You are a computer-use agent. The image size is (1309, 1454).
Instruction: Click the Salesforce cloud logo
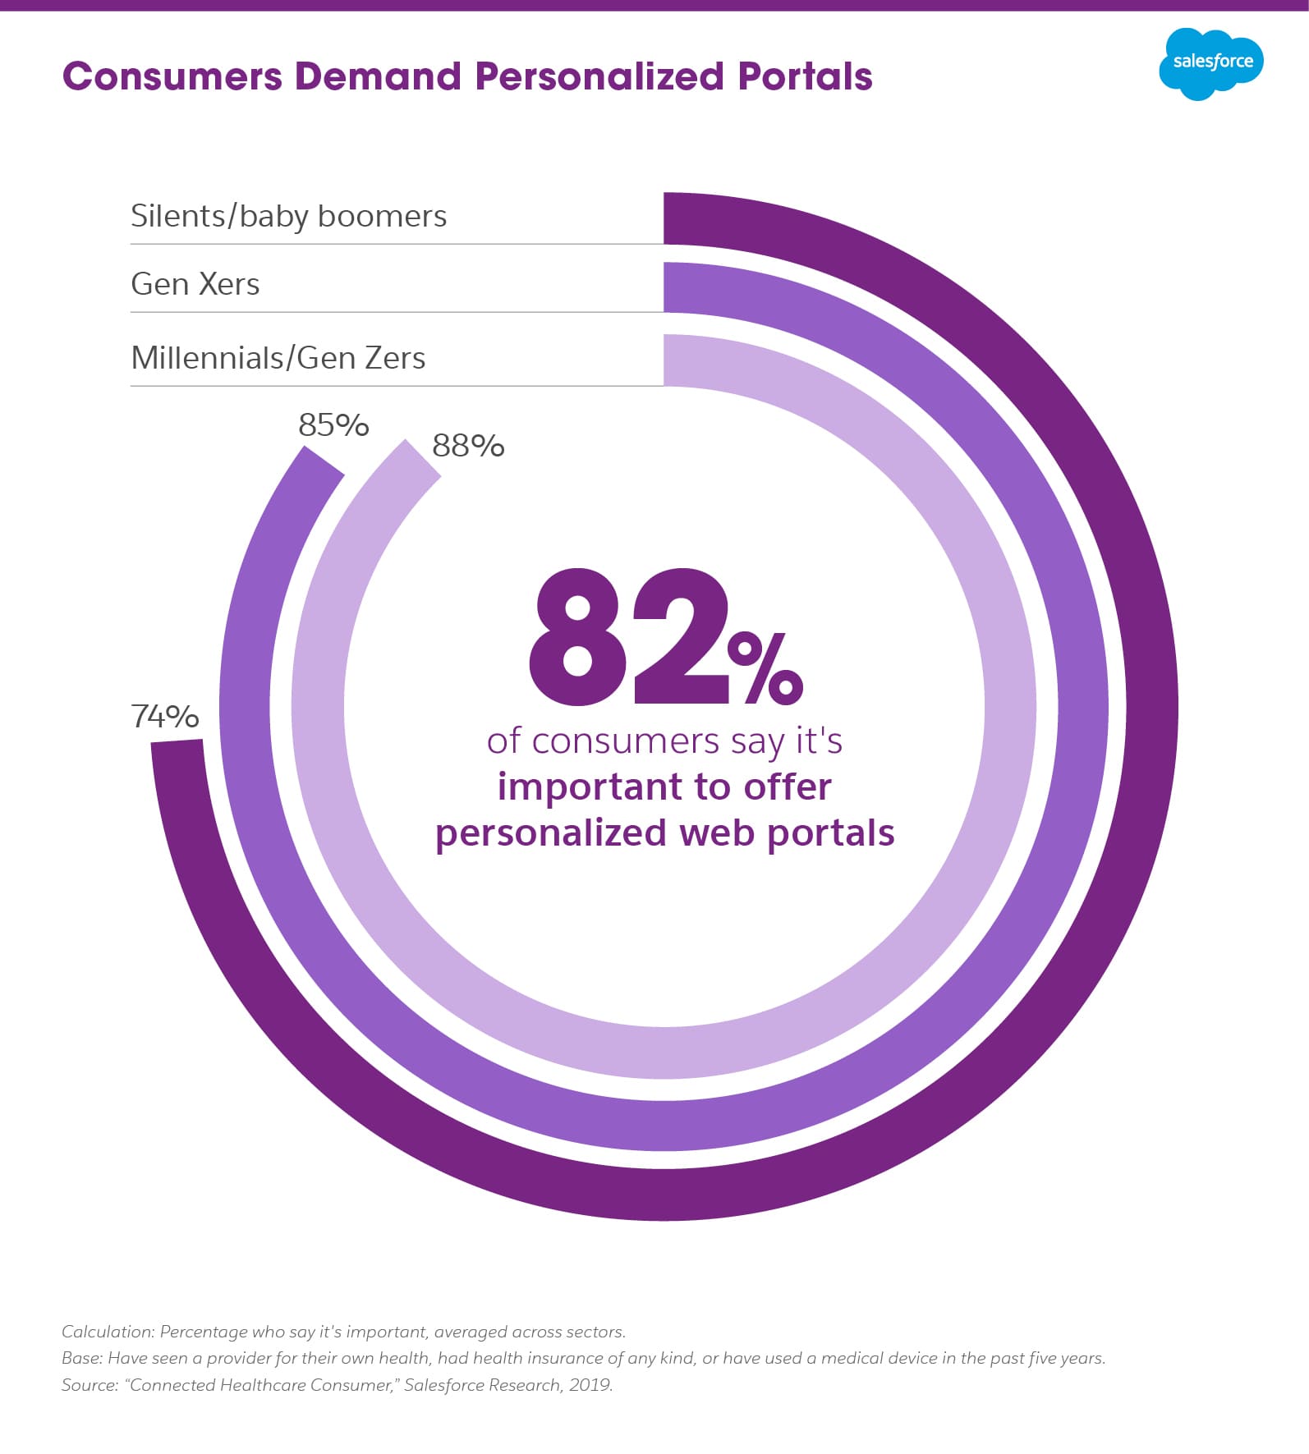click(x=1210, y=63)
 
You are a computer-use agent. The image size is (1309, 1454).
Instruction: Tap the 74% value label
click(x=165, y=717)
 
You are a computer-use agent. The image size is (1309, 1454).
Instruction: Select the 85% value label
click(x=333, y=425)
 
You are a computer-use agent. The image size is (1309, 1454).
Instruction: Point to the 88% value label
click(x=468, y=446)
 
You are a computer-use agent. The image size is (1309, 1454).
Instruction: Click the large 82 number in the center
click(x=628, y=637)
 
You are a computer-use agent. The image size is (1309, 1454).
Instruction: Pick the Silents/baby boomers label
click(x=288, y=216)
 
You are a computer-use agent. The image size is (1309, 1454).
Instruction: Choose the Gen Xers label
click(x=195, y=284)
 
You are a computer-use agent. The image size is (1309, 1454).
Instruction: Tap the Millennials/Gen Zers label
click(x=278, y=358)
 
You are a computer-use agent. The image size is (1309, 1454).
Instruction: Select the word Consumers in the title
click(x=172, y=76)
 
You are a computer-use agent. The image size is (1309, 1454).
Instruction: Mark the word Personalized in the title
click(x=599, y=76)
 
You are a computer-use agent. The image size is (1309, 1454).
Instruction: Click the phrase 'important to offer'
click(x=664, y=787)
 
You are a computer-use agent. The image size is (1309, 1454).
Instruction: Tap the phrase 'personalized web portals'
click(x=664, y=832)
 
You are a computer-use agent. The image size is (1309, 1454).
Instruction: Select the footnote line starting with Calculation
click(x=343, y=1332)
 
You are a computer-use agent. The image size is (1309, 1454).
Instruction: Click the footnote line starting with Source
click(x=337, y=1385)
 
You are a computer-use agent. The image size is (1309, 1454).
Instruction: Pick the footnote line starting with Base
click(x=583, y=1358)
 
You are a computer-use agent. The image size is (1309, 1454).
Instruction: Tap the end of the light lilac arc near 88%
click(x=420, y=461)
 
